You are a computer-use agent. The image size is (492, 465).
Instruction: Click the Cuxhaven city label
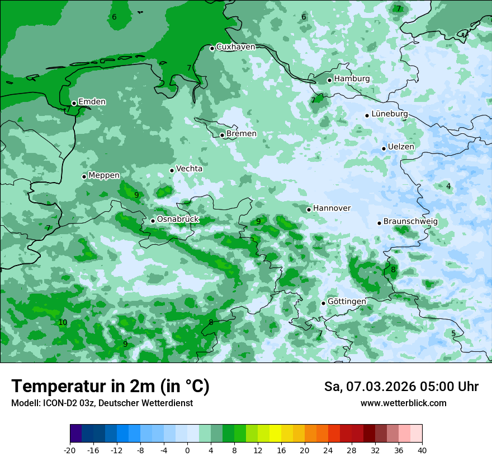[x=235, y=47]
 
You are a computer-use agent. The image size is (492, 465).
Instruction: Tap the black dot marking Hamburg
[x=329, y=80]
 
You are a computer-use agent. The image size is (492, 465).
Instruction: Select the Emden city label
[x=92, y=101]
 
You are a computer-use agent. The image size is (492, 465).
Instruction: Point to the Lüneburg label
[x=389, y=114]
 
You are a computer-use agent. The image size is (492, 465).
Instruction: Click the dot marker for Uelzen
[x=384, y=148]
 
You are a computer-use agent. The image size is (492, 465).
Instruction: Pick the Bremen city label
[x=241, y=134]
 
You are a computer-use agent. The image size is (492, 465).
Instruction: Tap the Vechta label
[x=189, y=169]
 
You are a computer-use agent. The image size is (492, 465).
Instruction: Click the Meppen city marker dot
[x=84, y=176]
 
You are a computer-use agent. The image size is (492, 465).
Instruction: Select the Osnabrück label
[x=178, y=219]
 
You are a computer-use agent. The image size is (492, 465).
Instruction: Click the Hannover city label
[x=332, y=208]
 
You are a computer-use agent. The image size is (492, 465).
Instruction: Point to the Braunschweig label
[x=410, y=222]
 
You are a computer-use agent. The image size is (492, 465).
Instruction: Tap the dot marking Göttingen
[x=323, y=303]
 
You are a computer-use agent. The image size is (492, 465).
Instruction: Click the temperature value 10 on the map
[x=63, y=322]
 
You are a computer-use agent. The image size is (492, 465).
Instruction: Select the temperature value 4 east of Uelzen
[x=448, y=186]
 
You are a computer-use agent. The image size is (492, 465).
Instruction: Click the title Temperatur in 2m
[x=110, y=387]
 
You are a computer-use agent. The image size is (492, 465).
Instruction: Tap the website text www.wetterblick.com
[x=403, y=403]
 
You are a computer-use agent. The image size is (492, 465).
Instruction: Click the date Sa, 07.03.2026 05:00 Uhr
[x=401, y=387]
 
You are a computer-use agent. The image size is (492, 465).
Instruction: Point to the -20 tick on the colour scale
[x=70, y=450]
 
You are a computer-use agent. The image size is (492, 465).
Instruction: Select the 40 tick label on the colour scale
[x=422, y=450]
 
